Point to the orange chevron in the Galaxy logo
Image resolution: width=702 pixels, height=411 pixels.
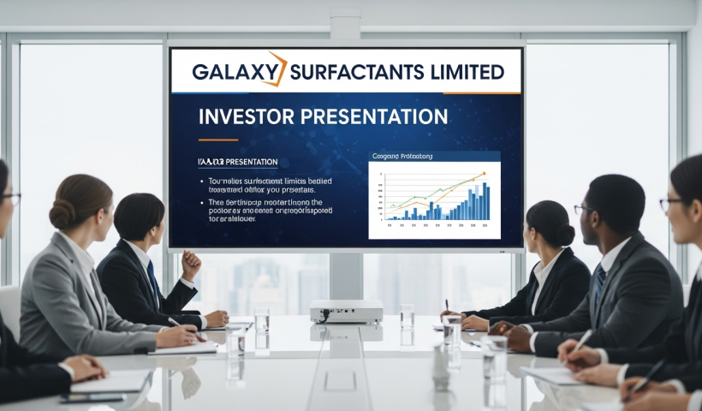pyautogui.click(x=276, y=68)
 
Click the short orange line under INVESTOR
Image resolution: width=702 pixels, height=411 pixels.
pyautogui.click(x=217, y=139)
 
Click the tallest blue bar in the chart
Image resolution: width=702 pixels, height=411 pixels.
pyautogui.click(x=485, y=200)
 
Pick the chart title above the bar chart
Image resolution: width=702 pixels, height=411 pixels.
pyautogui.click(x=402, y=157)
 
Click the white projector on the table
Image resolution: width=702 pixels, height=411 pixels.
pyautogui.click(x=345, y=312)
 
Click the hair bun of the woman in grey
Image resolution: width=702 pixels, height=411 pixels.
pyautogui.click(x=62, y=214)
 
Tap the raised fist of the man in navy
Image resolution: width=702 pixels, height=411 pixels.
pyautogui.click(x=192, y=263)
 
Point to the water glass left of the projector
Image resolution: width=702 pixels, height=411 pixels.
pyautogui.click(x=261, y=321)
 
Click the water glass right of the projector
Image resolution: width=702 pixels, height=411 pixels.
pyautogui.click(x=408, y=317)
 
